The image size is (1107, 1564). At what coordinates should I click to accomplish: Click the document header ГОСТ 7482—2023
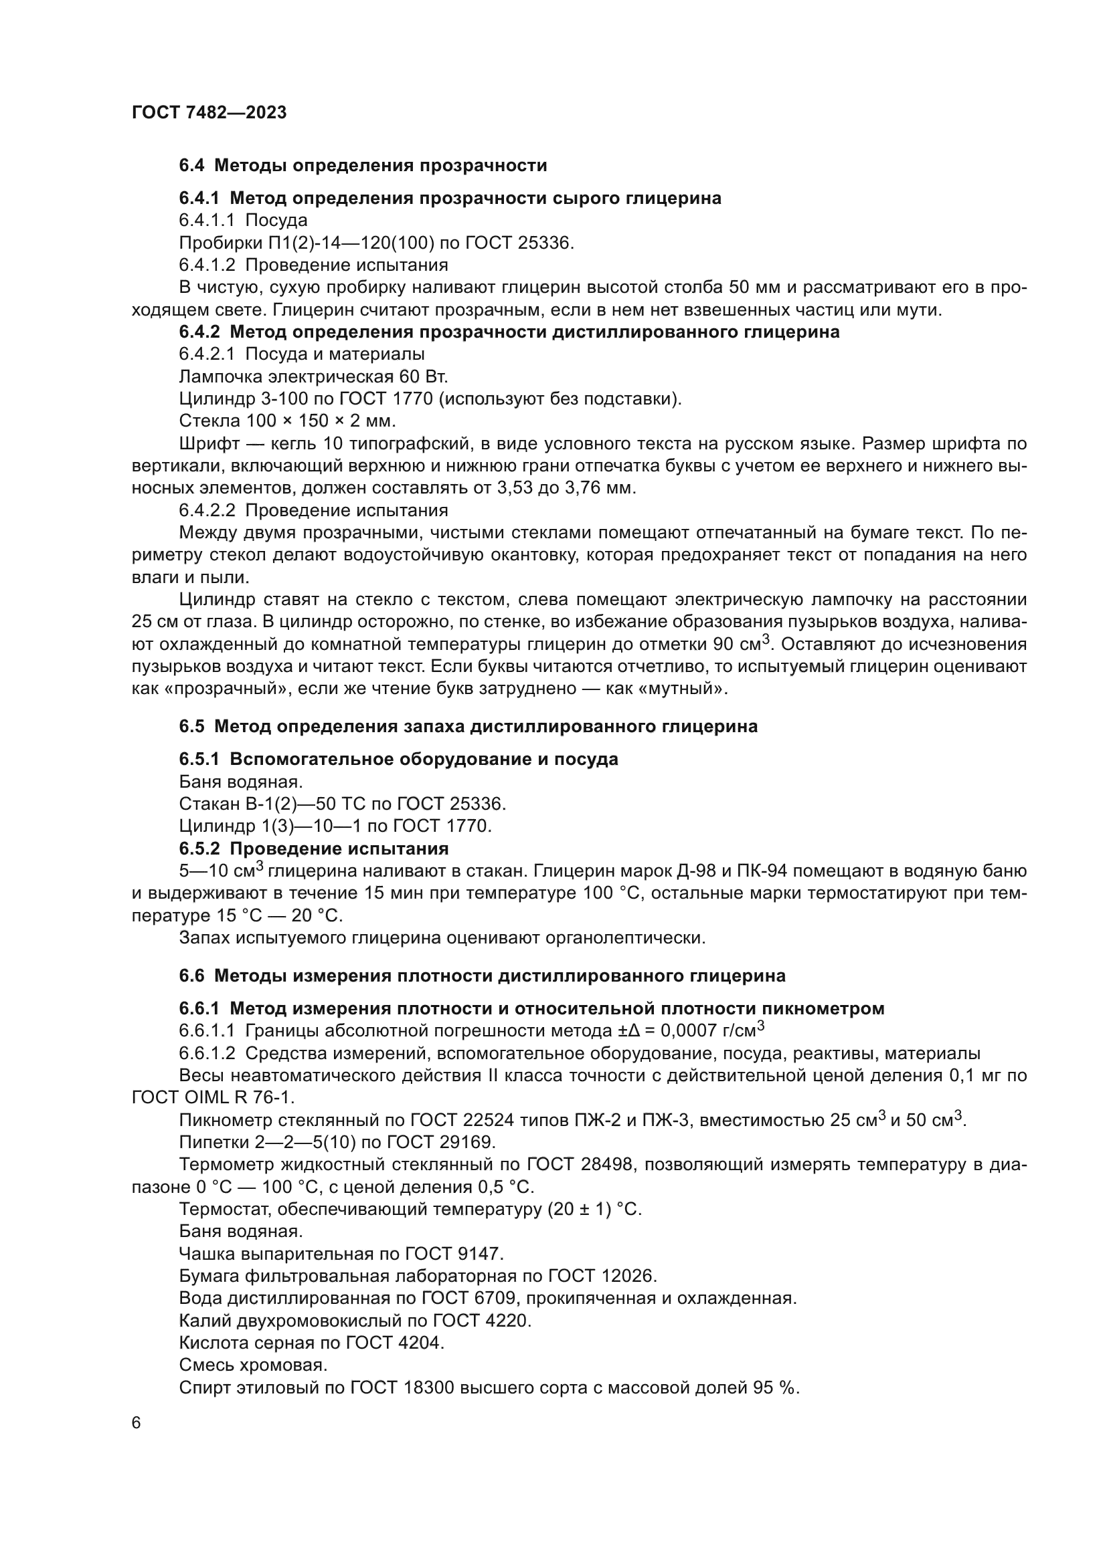pos(209,112)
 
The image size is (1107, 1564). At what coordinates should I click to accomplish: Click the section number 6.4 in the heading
pos(191,166)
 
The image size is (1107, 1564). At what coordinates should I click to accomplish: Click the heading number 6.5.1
pos(199,759)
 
